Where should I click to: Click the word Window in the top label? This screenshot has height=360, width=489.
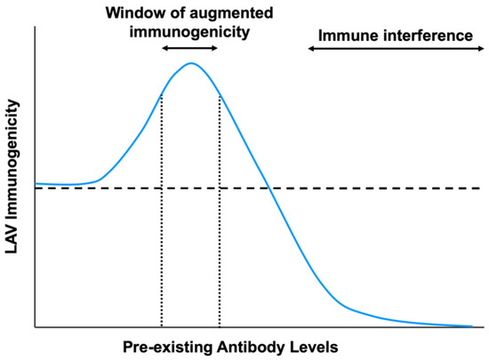(136, 13)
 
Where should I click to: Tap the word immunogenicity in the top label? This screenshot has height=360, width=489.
(189, 32)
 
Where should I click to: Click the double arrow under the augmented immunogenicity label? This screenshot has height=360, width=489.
(189, 48)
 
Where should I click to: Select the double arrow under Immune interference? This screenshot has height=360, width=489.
(396, 48)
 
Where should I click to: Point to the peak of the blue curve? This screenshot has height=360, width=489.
(191, 63)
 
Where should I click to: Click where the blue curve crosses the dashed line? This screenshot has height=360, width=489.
(269, 188)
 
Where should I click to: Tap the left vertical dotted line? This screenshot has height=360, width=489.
(162, 211)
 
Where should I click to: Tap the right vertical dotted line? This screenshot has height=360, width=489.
(220, 211)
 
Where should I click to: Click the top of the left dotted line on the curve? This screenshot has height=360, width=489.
(162, 94)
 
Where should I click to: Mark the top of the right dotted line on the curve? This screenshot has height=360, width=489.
(220, 95)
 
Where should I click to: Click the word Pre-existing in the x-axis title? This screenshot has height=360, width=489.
(167, 347)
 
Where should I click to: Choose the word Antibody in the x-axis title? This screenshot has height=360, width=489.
(251, 347)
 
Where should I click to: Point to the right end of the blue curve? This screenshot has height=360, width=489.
(472, 326)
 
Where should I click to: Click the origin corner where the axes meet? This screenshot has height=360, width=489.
(36, 327)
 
